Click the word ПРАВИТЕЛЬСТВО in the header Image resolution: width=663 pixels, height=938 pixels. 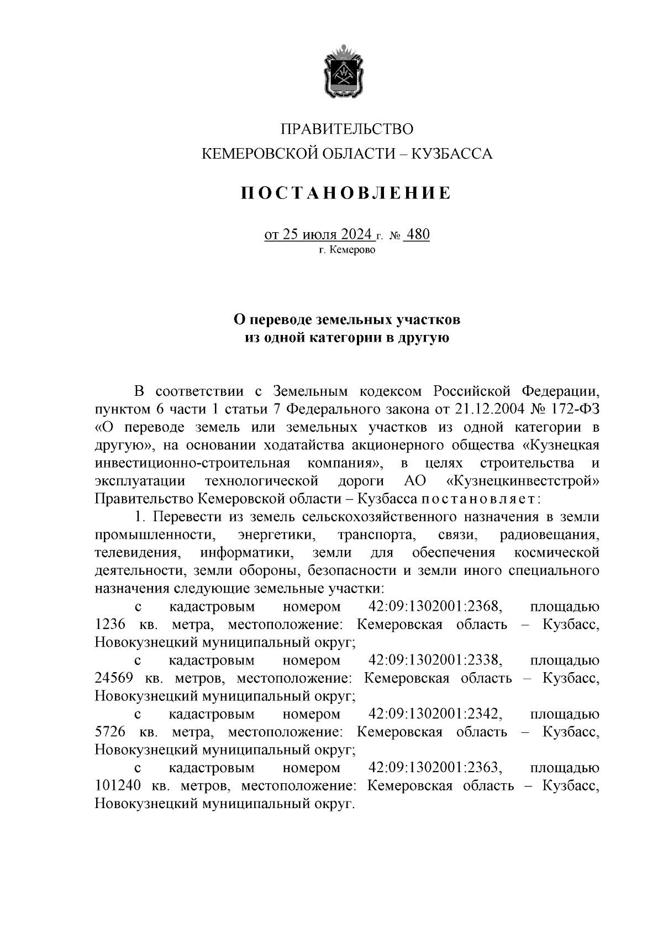[x=347, y=129]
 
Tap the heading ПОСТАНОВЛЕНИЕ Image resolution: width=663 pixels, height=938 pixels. [x=347, y=193]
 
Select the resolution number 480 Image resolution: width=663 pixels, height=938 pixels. [x=417, y=235]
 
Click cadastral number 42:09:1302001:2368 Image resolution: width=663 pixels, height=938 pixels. [x=435, y=606]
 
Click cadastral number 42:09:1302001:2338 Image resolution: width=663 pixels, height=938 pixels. [x=435, y=660]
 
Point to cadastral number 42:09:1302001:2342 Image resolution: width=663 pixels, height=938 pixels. [x=435, y=714]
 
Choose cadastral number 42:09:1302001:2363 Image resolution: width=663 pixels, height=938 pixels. [x=435, y=768]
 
